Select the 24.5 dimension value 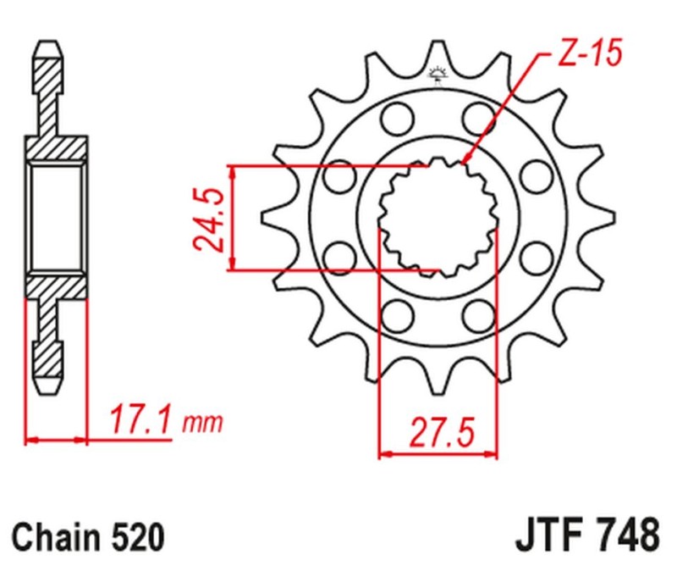point(207,219)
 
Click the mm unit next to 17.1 point(201,422)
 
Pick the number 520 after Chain point(135,537)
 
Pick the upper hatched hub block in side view point(57,149)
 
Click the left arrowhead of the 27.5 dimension point(383,454)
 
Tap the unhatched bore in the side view point(57,218)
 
